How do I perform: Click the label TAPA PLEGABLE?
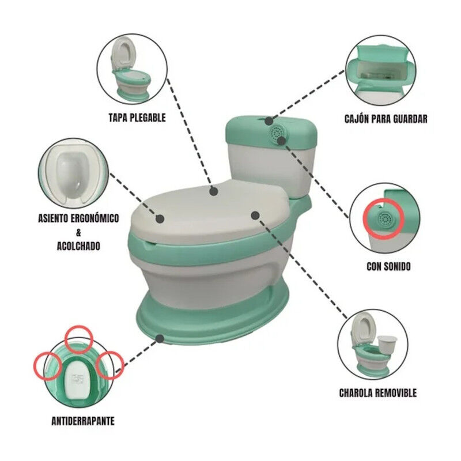click(137, 118)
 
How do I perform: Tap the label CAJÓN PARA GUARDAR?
click(386, 119)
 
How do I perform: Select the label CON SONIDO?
click(388, 266)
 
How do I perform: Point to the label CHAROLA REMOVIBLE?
click(378, 393)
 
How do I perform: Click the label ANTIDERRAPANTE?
click(83, 421)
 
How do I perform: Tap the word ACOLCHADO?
click(78, 246)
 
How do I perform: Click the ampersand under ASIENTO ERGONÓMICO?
click(78, 233)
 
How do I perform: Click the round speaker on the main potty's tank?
click(277, 134)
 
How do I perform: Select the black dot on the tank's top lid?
click(269, 121)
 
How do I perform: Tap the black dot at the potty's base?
click(160, 339)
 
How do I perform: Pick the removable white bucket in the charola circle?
click(387, 346)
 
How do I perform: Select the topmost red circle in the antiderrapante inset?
click(79, 339)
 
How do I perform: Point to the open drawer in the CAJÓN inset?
click(380, 70)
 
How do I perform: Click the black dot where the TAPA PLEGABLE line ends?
click(214, 192)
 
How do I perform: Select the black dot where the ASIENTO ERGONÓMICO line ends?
click(160, 219)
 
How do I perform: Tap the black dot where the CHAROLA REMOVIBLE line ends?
click(255, 216)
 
